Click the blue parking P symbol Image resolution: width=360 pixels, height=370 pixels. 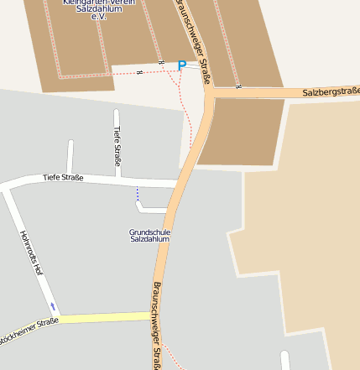click(x=181, y=65)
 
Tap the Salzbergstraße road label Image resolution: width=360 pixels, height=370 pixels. click(x=331, y=91)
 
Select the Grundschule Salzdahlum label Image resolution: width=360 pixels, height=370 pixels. click(x=150, y=235)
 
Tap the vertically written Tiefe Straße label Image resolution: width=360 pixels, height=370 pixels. click(x=117, y=145)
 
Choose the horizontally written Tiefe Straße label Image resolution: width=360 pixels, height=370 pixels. click(x=63, y=177)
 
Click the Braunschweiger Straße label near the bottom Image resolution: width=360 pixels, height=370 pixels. click(x=157, y=324)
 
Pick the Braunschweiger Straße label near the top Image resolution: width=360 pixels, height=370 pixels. click(x=192, y=38)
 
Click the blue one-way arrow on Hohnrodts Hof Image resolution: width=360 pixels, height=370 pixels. click(x=53, y=305)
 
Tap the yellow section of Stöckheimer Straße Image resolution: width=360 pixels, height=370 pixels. click(x=105, y=317)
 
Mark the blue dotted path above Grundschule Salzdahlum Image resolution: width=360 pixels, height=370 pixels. click(x=137, y=195)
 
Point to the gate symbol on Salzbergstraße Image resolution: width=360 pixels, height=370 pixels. click(x=238, y=86)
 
